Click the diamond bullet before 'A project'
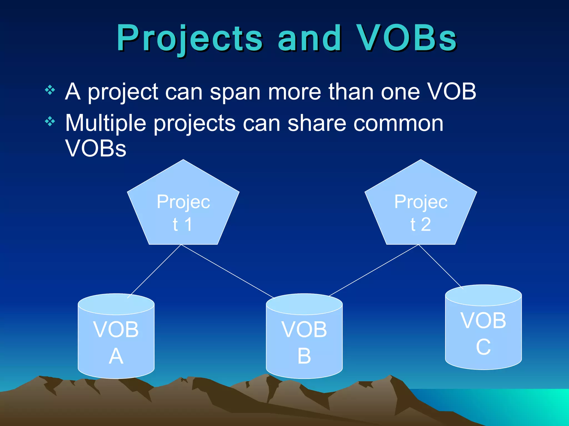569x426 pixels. tap(50, 90)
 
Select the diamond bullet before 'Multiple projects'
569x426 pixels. tap(50, 121)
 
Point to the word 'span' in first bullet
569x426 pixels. tap(235, 92)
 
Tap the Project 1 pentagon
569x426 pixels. tap(183, 211)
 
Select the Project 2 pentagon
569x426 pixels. tap(421, 211)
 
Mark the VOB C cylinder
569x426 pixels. tap(483, 333)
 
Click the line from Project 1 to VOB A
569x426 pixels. tap(154, 271)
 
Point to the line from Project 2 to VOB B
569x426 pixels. tap(374, 270)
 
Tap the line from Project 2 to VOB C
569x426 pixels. tap(441, 267)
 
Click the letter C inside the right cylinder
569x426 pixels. tap(483, 347)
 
